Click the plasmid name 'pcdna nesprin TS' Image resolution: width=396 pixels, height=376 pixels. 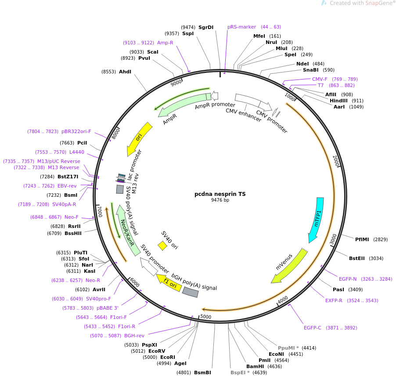pyautogui.click(x=220, y=194)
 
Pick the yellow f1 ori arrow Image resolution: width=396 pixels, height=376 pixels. pyautogui.click(x=169, y=282)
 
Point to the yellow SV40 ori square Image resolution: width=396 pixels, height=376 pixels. pyautogui.click(x=162, y=246)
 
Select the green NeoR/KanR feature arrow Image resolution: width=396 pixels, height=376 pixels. pyautogui.click(x=126, y=231)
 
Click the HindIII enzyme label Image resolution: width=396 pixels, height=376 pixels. pyautogui.click(x=338, y=101)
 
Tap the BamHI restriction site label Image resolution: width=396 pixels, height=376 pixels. pyautogui.click(x=255, y=366)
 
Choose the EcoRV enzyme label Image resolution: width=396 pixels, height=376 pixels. pyautogui.click(x=157, y=351)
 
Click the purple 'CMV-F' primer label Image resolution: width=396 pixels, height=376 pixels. pyautogui.click(x=320, y=79)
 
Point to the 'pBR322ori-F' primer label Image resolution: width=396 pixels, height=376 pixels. pyautogui.click(x=76, y=131)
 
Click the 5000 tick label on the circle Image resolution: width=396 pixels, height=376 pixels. pyautogui.click(x=206, y=317)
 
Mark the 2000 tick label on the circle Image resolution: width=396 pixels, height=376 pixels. pyautogui.click(x=336, y=162)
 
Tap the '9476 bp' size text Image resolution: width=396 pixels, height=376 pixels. pyautogui.click(x=220, y=200)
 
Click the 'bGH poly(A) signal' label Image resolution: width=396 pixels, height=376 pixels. pyautogui.click(x=194, y=282)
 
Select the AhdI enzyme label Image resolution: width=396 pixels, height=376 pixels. pyautogui.click(x=125, y=72)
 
